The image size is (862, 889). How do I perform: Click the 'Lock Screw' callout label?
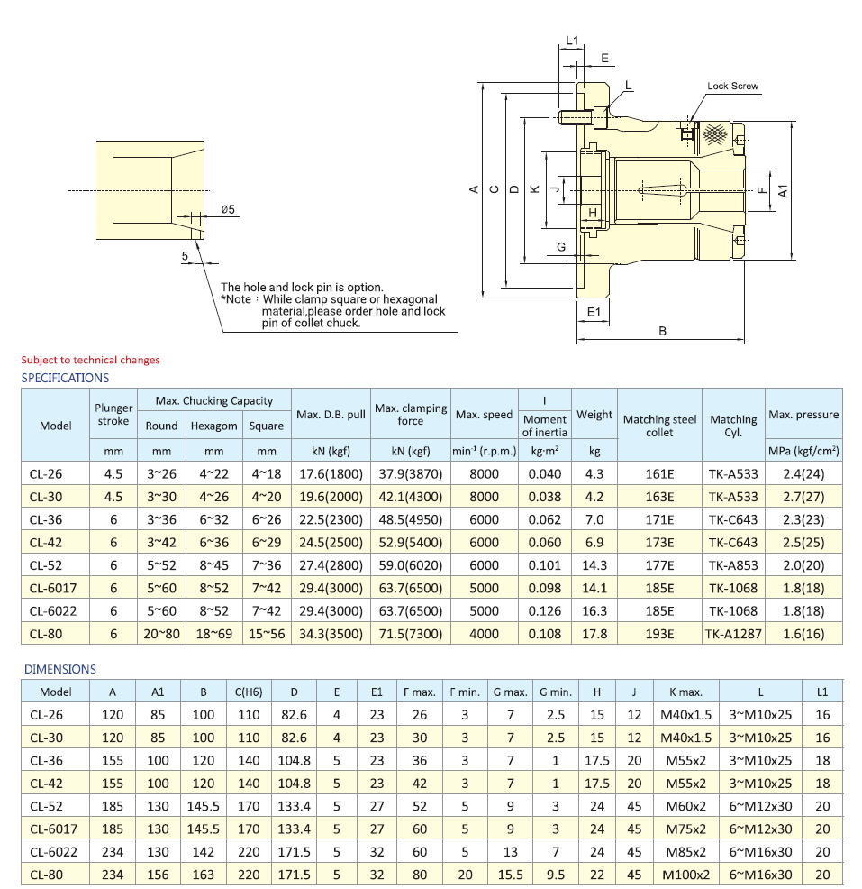(732, 87)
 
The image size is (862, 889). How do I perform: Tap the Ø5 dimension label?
(228, 210)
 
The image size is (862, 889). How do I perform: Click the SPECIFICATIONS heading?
(65, 378)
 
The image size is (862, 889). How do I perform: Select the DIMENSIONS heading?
(60, 669)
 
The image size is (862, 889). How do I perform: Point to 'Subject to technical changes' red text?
(90, 360)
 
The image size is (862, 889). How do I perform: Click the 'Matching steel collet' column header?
(659, 426)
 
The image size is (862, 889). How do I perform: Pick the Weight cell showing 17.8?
(594, 633)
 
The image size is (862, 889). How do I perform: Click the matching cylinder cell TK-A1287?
(733, 633)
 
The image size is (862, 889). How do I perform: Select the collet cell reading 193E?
(659, 633)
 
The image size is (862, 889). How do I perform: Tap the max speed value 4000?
(484, 633)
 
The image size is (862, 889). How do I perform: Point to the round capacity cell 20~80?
(161, 633)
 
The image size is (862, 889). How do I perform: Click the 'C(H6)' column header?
(248, 692)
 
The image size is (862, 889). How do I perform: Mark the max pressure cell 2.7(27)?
(803, 496)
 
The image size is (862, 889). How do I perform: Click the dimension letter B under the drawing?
(662, 331)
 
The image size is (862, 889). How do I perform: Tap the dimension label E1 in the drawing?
(593, 311)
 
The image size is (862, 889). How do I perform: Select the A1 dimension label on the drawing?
(783, 191)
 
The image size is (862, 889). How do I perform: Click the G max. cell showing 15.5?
(510, 875)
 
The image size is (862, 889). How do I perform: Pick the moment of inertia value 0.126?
(544, 610)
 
